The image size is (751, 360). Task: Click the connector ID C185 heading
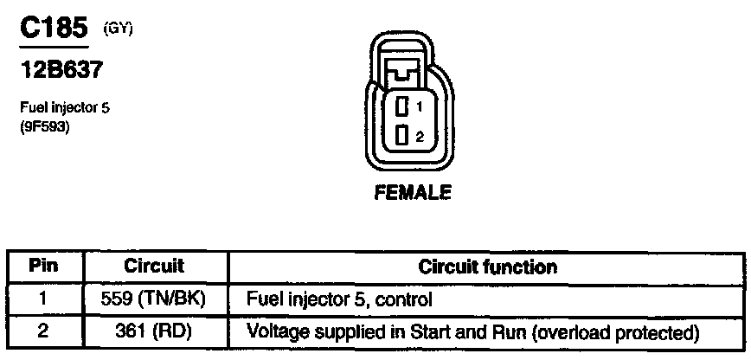(x=55, y=29)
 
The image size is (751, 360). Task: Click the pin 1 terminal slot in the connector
(x=402, y=107)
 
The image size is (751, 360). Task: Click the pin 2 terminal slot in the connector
(x=402, y=135)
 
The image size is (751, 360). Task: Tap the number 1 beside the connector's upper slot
(x=419, y=107)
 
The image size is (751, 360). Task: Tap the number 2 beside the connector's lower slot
(x=419, y=136)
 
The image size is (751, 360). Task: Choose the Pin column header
(x=44, y=266)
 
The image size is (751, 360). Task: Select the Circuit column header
(x=154, y=266)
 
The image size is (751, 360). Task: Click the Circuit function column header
(x=487, y=266)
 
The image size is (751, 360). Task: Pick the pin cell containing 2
(x=44, y=331)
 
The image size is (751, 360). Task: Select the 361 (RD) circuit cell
(x=154, y=331)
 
